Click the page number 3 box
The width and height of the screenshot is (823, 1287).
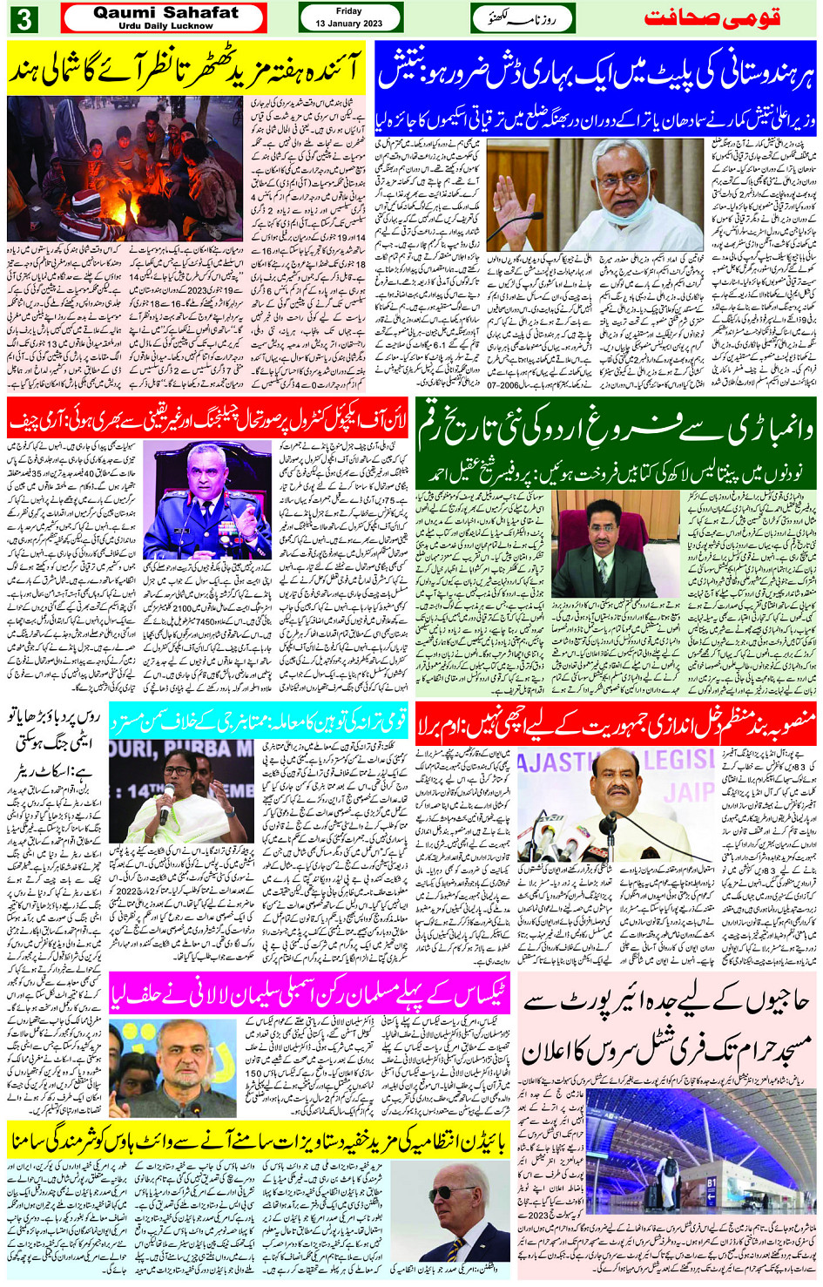23,17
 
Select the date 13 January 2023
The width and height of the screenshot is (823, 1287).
348,23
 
